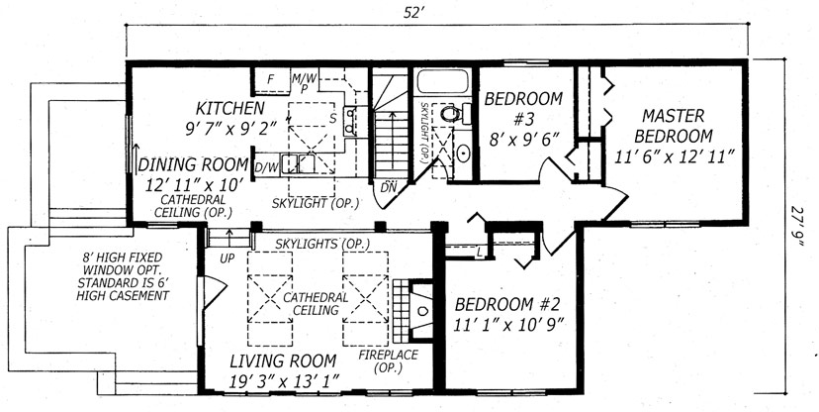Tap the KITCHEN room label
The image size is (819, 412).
229,107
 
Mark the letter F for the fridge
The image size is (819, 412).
270,78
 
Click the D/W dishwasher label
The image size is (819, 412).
266,168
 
